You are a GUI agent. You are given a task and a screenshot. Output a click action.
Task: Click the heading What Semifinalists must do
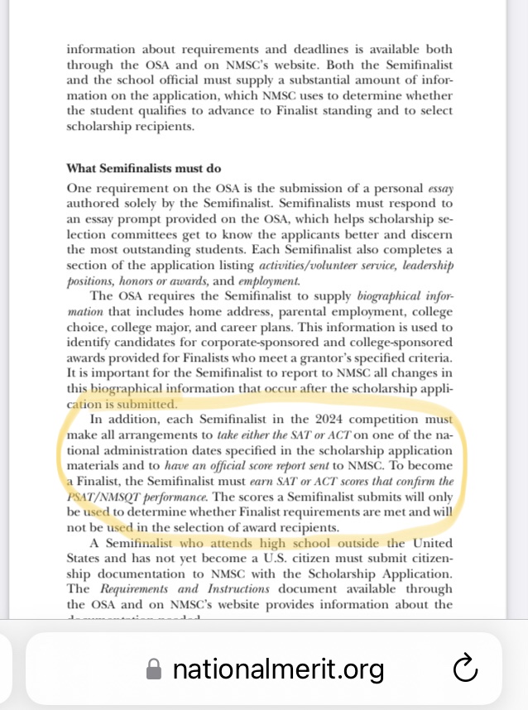click(x=144, y=169)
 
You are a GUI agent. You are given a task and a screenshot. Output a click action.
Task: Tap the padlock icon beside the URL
click(x=153, y=669)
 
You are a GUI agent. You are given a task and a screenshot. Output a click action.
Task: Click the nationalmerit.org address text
click(x=278, y=669)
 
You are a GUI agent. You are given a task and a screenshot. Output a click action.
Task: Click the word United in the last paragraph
click(x=434, y=544)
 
